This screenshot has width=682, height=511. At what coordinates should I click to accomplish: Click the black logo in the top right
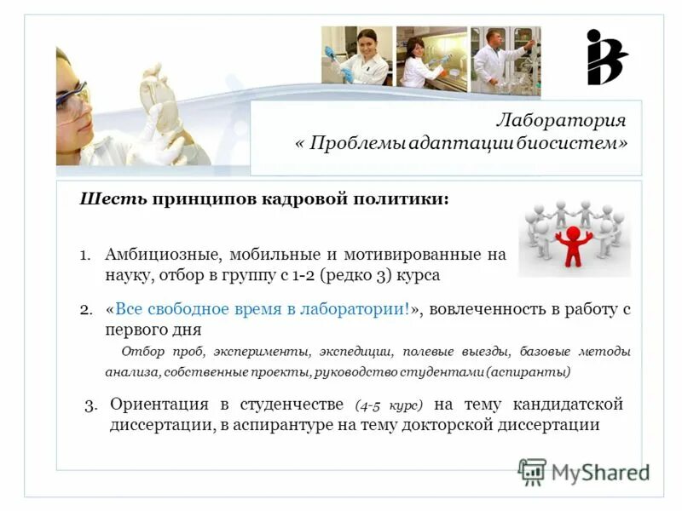tap(606, 57)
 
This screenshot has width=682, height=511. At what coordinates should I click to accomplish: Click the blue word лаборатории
tap(355, 309)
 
